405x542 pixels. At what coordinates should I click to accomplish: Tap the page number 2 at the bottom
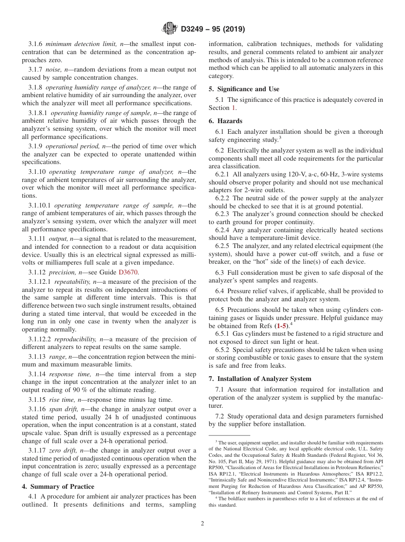202,524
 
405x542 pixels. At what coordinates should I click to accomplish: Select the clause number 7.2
220,416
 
